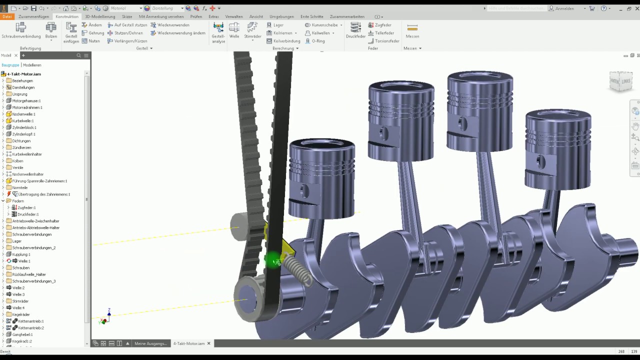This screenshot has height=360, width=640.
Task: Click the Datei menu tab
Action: tap(7, 16)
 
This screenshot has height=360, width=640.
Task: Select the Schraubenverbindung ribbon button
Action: tap(21, 30)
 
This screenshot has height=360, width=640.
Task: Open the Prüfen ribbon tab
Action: tap(196, 16)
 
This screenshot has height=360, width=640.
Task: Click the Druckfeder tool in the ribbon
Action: tap(355, 30)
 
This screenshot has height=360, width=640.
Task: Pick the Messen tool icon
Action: tap(412, 30)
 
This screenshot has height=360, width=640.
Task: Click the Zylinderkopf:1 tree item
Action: tap(23, 134)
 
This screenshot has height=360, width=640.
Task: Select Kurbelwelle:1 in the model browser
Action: tap(23, 120)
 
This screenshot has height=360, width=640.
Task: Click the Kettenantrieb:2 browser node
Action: tap(31, 328)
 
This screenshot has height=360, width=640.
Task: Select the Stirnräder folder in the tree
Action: tap(20, 301)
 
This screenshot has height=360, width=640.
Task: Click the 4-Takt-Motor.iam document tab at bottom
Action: tap(189, 343)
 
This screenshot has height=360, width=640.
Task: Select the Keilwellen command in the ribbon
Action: tap(320, 33)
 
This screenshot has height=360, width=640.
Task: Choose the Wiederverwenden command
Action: tap(173, 25)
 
